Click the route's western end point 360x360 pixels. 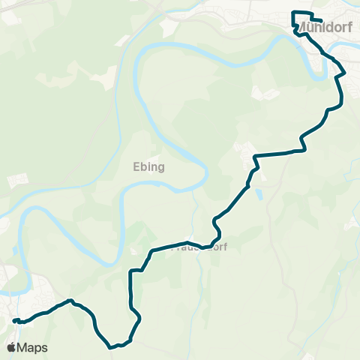point(14,321)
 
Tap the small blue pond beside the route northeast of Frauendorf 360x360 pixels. point(259,193)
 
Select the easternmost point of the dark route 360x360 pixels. point(344,74)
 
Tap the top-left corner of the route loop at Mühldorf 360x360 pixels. point(293,13)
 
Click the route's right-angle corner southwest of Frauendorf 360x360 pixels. point(132,271)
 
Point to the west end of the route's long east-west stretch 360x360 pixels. point(256,157)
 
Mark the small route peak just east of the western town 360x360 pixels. point(72,301)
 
